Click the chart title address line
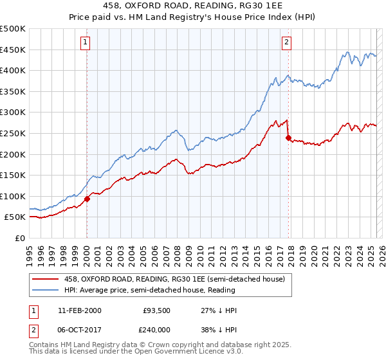click(192, 6)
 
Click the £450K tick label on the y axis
click(13, 50)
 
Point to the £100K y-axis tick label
click(13, 196)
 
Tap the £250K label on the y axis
click(13, 133)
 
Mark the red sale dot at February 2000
click(87, 199)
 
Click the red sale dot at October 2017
click(288, 137)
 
